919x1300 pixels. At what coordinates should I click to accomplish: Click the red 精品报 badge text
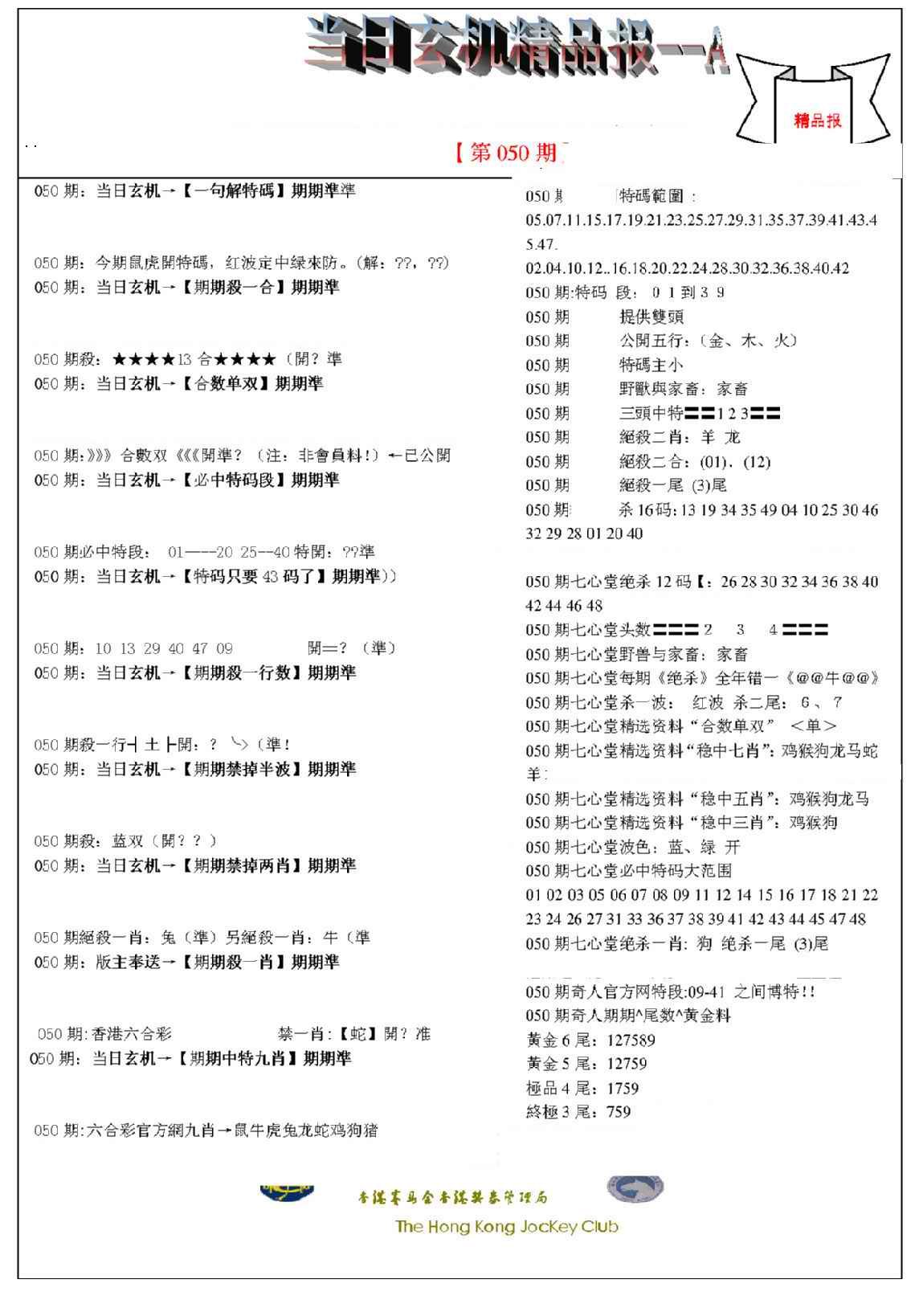coord(818,121)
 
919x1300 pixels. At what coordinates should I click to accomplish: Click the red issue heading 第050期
coord(513,153)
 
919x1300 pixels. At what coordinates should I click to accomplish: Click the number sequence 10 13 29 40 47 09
coord(164,648)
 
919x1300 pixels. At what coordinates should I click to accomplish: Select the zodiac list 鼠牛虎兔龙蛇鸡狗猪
coord(305,1130)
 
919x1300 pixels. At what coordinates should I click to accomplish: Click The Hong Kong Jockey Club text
coord(506,1227)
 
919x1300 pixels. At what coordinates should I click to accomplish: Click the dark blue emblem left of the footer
coord(287,1192)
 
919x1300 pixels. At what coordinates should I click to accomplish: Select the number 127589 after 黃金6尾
coord(631,1040)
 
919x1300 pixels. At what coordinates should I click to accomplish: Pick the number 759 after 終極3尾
coord(619,1112)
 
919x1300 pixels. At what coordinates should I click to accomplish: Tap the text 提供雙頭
coord(651,317)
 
